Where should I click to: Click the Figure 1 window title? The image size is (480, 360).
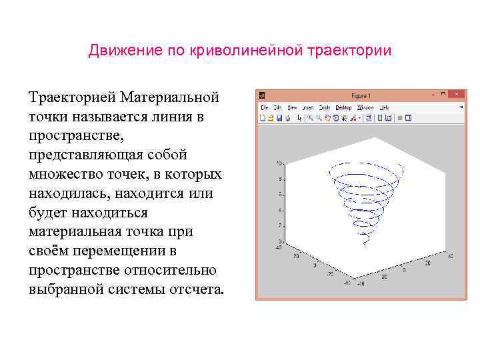coord(361,96)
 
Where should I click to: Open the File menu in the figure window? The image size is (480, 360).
coord(264,107)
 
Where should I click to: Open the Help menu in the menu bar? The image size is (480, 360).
coord(385,107)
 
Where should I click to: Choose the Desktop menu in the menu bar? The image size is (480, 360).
coord(343,107)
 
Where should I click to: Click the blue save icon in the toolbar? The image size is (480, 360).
coord(279,118)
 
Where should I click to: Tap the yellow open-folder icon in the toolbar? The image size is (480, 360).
coord(271,118)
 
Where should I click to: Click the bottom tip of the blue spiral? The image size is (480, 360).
coord(365,244)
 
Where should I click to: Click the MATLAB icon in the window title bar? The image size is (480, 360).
coord(263,95)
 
